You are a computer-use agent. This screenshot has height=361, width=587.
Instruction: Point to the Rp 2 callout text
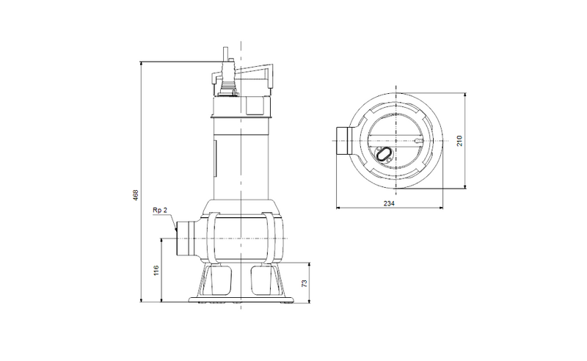point(160,211)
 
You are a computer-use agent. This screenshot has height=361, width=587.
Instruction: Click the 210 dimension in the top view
point(460,140)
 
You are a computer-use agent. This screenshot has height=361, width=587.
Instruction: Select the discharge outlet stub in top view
point(343,140)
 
